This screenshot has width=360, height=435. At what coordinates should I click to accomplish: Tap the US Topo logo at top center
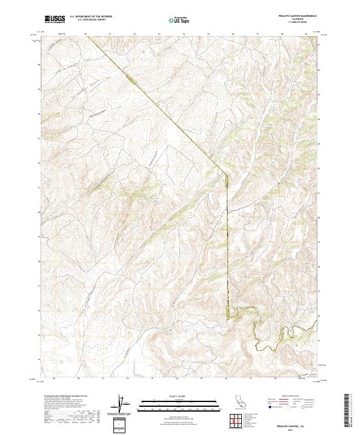173,20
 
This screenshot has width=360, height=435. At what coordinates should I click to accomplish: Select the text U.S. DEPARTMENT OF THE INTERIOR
91,17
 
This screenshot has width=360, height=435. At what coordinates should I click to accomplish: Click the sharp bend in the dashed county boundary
227,175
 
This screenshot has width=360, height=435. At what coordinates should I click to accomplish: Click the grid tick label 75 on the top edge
208,34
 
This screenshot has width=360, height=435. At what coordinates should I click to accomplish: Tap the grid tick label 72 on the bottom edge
127,379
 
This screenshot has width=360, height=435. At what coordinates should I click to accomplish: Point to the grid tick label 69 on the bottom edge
54,379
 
